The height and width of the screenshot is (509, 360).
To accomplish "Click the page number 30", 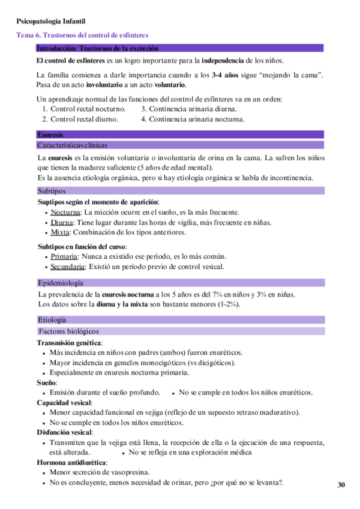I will [x=341, y=484].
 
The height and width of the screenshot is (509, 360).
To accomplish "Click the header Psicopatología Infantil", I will [x=51, y=22].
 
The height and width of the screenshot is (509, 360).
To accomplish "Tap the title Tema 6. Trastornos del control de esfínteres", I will [x=83, y=35].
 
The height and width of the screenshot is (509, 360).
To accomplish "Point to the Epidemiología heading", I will [x=61, y=283].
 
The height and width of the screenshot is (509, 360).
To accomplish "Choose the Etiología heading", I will [x=53, y=320].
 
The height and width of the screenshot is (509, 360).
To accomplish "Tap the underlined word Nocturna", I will [x=65, y=212].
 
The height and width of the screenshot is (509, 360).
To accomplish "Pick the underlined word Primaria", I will [x=64, y=257].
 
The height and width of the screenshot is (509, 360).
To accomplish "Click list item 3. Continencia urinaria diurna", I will [x=188, y=109].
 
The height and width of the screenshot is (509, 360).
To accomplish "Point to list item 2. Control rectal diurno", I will [x=80, y=119].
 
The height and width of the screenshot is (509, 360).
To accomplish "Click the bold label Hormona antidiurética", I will [x=72, y=463].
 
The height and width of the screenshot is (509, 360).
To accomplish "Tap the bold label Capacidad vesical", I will [x=64, y=402].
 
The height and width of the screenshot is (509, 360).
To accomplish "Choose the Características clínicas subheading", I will [x=72, y=145].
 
